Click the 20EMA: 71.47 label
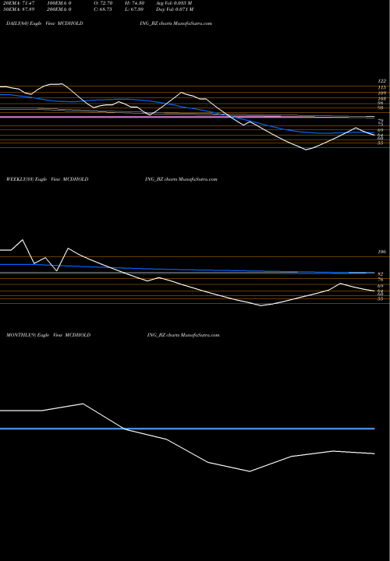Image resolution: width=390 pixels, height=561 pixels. (x=16, y=4)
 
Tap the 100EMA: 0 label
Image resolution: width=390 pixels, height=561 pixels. (x=61, y=4)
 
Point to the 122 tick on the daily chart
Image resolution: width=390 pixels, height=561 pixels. (x=381, y=81)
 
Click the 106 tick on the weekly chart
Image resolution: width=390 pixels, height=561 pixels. (x=381, y=252)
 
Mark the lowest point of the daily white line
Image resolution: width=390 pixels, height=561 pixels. (x=305, y=150)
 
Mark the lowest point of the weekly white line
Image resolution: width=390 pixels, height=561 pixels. (x=261, y=305)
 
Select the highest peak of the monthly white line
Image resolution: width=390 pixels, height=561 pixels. (x=83, y=404)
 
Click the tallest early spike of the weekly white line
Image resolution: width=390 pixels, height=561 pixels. (x=22, y=239)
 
